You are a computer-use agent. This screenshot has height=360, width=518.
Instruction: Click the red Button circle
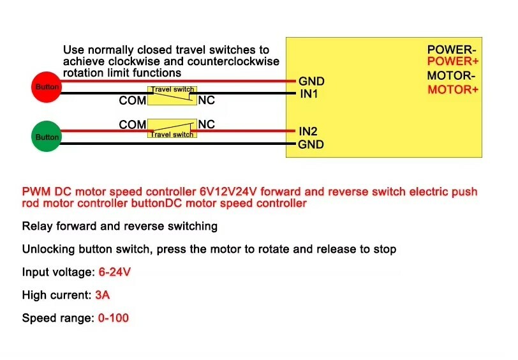47,87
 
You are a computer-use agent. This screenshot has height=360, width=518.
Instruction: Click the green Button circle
47,137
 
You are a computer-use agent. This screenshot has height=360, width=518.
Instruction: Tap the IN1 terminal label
309,94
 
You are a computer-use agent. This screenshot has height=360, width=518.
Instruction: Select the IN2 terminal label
308,131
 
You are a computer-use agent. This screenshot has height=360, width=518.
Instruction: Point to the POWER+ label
452,61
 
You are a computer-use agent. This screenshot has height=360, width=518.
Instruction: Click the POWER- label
451,50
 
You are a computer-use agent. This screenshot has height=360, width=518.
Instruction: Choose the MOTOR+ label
453,89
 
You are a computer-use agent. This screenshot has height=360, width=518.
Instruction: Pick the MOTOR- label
451,76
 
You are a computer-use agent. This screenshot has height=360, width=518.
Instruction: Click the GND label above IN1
311,81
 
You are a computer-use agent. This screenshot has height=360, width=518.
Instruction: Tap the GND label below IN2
311,144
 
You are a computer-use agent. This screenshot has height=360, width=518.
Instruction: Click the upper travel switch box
172,96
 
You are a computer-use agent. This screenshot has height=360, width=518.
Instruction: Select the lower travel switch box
172,128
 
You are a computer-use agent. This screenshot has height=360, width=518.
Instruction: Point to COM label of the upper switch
133,100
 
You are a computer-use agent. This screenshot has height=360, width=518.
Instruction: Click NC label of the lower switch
207,124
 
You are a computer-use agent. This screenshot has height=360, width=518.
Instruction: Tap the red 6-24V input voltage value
115,272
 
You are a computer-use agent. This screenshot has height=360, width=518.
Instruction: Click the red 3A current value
103,295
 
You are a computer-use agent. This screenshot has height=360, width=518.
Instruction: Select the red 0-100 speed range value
114,318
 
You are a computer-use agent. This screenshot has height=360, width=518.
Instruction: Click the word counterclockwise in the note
233,61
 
